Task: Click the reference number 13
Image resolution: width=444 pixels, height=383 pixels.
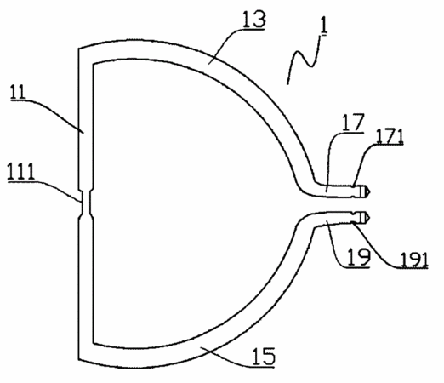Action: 254,19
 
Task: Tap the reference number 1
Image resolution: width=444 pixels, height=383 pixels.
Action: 323,26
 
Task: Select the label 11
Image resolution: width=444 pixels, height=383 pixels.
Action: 18,92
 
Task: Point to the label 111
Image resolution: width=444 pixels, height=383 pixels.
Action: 21,172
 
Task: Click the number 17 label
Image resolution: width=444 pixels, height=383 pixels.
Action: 353,123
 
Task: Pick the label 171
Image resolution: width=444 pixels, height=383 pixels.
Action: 390,136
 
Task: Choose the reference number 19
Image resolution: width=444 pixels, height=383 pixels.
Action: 358,257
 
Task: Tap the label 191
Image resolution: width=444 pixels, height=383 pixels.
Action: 414,260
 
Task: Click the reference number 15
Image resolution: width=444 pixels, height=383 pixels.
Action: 264,357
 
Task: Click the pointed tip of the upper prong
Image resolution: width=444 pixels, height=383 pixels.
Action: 369,191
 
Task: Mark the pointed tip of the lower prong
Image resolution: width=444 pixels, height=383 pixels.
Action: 369,218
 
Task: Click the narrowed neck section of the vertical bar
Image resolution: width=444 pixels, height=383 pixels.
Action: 86,203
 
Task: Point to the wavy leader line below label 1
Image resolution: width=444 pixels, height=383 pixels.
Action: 305,60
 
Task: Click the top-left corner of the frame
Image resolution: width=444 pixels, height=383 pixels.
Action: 78,49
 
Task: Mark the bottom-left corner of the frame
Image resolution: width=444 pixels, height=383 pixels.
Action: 78,360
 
